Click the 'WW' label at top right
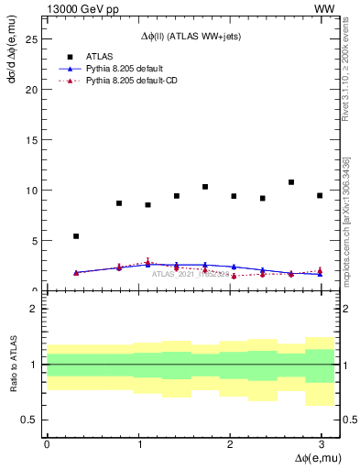324,8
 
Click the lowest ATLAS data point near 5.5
76,236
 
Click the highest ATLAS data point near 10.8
291,182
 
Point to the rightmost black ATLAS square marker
320,195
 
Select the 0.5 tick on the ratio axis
32,420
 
